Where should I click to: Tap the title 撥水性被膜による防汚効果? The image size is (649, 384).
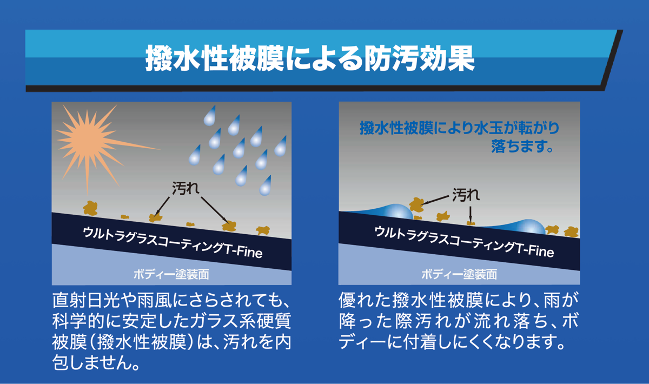310,58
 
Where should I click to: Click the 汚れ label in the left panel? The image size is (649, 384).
186,188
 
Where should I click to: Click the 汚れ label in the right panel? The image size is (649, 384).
466,195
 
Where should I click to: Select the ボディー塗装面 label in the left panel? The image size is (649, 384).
171,274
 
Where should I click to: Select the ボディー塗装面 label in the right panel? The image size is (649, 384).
459,274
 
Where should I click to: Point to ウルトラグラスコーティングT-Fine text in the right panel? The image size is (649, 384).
464,242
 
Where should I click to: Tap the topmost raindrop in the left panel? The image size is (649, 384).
210,116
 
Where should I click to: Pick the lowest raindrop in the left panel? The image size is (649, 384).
266,186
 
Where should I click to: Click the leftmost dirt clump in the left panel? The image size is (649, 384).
90,208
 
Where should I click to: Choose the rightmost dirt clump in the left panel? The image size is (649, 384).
263,230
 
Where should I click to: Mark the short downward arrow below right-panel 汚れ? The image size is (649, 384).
470,214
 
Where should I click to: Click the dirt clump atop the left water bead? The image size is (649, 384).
416,204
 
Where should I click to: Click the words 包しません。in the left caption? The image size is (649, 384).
96,362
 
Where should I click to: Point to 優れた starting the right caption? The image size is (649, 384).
365,300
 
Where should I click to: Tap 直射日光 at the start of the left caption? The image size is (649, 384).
86,300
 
